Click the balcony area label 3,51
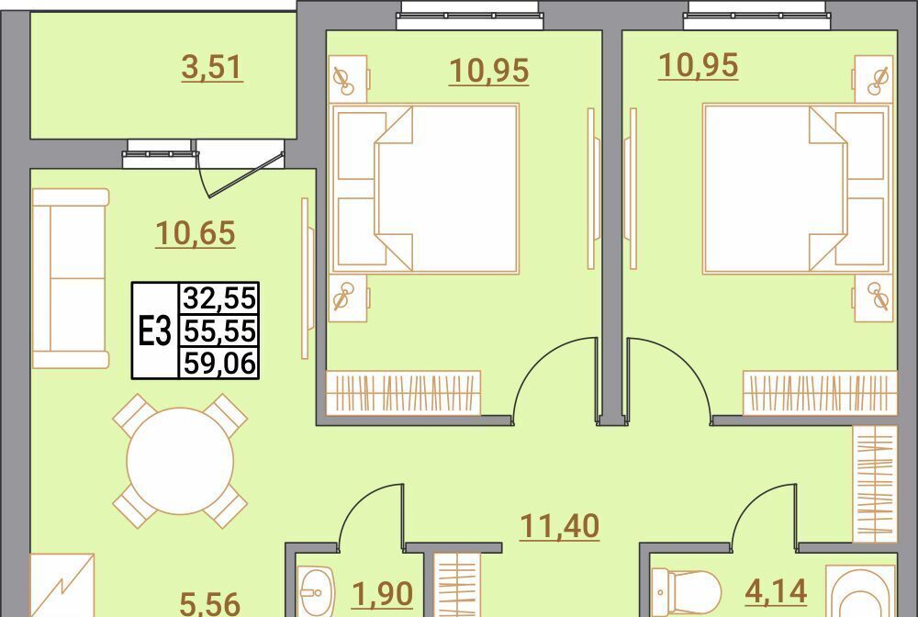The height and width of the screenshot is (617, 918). [212, 67]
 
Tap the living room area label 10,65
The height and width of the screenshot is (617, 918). [196, 233]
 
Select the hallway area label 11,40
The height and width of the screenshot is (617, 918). [560, 526]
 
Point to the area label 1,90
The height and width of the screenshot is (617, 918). [383, 594]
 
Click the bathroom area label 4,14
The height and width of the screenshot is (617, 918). [777, 591]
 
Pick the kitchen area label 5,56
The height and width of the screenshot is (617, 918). [209, 603]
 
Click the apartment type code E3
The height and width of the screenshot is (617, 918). [154, 331]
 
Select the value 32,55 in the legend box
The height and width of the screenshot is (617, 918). [219, 298]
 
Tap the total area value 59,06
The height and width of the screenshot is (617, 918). [219, 364]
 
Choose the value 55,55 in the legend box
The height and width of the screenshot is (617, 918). [219, 331]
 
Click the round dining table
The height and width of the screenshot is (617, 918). [180, 461]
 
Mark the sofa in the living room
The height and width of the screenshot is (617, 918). [71, 278]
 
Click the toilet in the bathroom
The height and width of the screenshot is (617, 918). [686, 593]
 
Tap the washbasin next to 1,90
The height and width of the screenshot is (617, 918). [316, 591]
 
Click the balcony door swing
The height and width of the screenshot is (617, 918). [240, 174]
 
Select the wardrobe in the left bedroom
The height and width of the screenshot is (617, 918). [403, 393]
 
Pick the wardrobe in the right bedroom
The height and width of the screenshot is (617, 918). [820, 393]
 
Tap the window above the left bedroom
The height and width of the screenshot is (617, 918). [469, 16]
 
